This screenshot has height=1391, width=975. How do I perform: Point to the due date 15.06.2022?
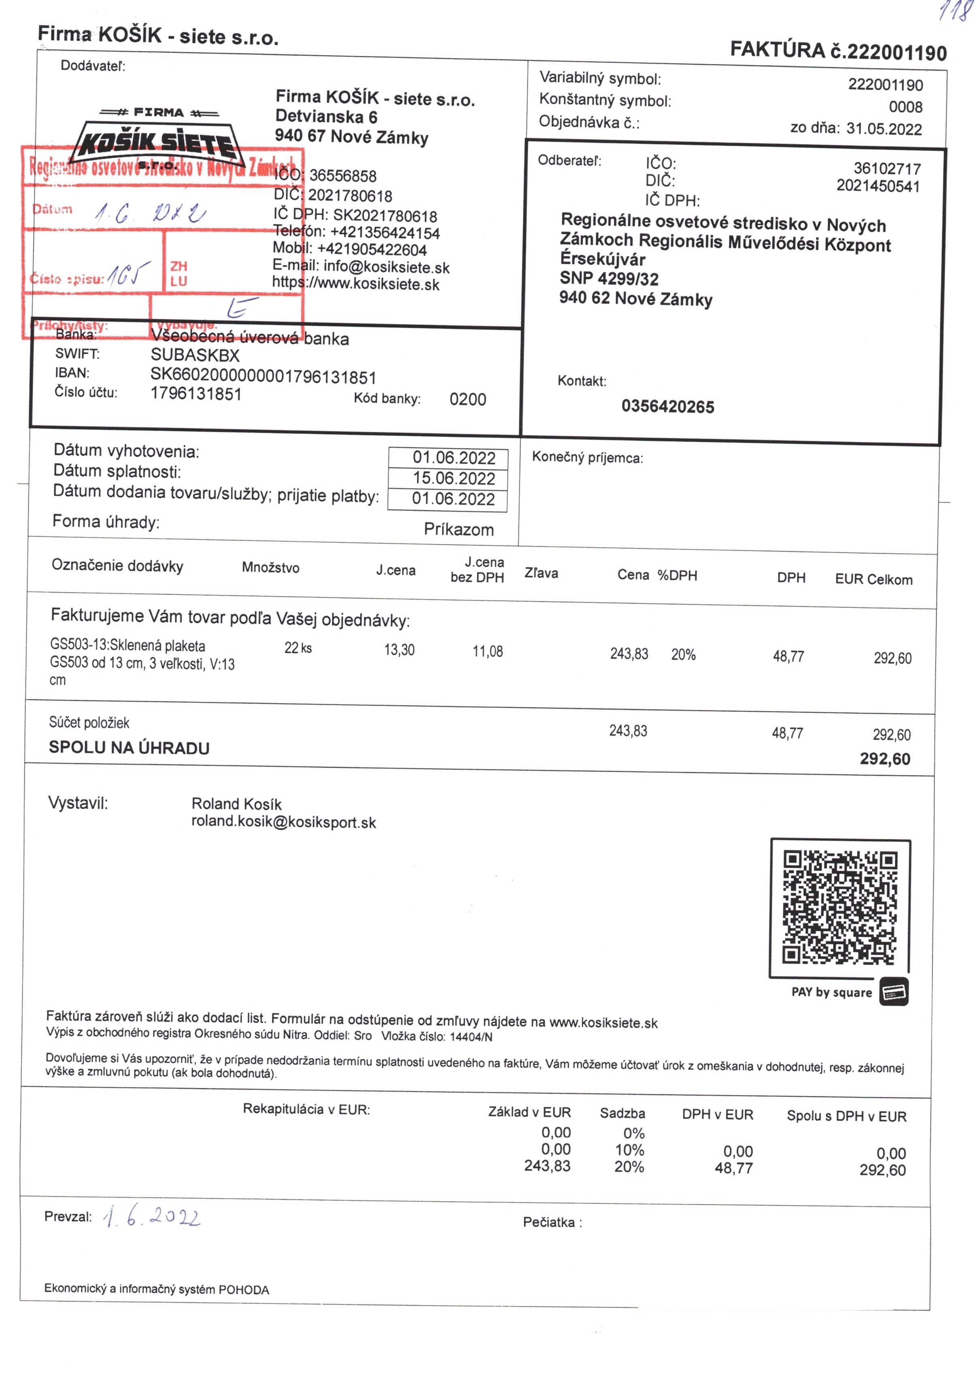pos(453,479)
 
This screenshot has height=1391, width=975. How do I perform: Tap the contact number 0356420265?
pos(667,406)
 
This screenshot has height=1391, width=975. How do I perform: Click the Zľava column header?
pos(541,573)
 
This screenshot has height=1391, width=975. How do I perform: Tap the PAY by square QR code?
pos(839,907)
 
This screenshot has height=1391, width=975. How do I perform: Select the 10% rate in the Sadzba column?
pos(629,1150)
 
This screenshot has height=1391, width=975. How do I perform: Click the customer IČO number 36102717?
pos(886,168)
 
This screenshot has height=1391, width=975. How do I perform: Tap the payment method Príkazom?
pos(458,529)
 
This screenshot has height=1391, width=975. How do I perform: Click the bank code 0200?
pos(467,399)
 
